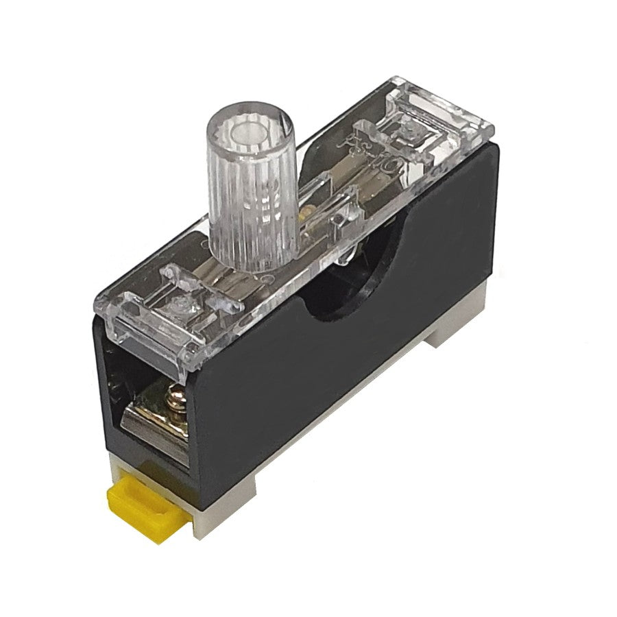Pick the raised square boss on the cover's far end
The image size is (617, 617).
[411, 127]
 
